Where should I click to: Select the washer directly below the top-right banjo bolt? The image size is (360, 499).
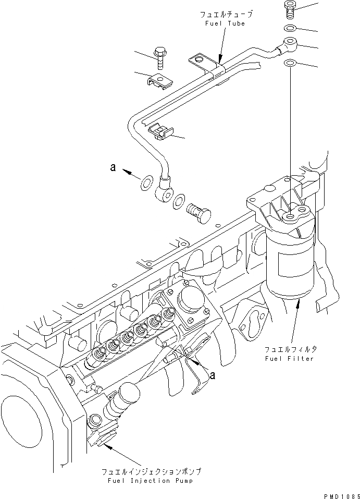[290, 28]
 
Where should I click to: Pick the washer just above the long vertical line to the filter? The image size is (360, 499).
[290, 64]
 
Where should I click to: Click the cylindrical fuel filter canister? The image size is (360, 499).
[291, 269]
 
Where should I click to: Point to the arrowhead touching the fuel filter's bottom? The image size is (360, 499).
[297, 303]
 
